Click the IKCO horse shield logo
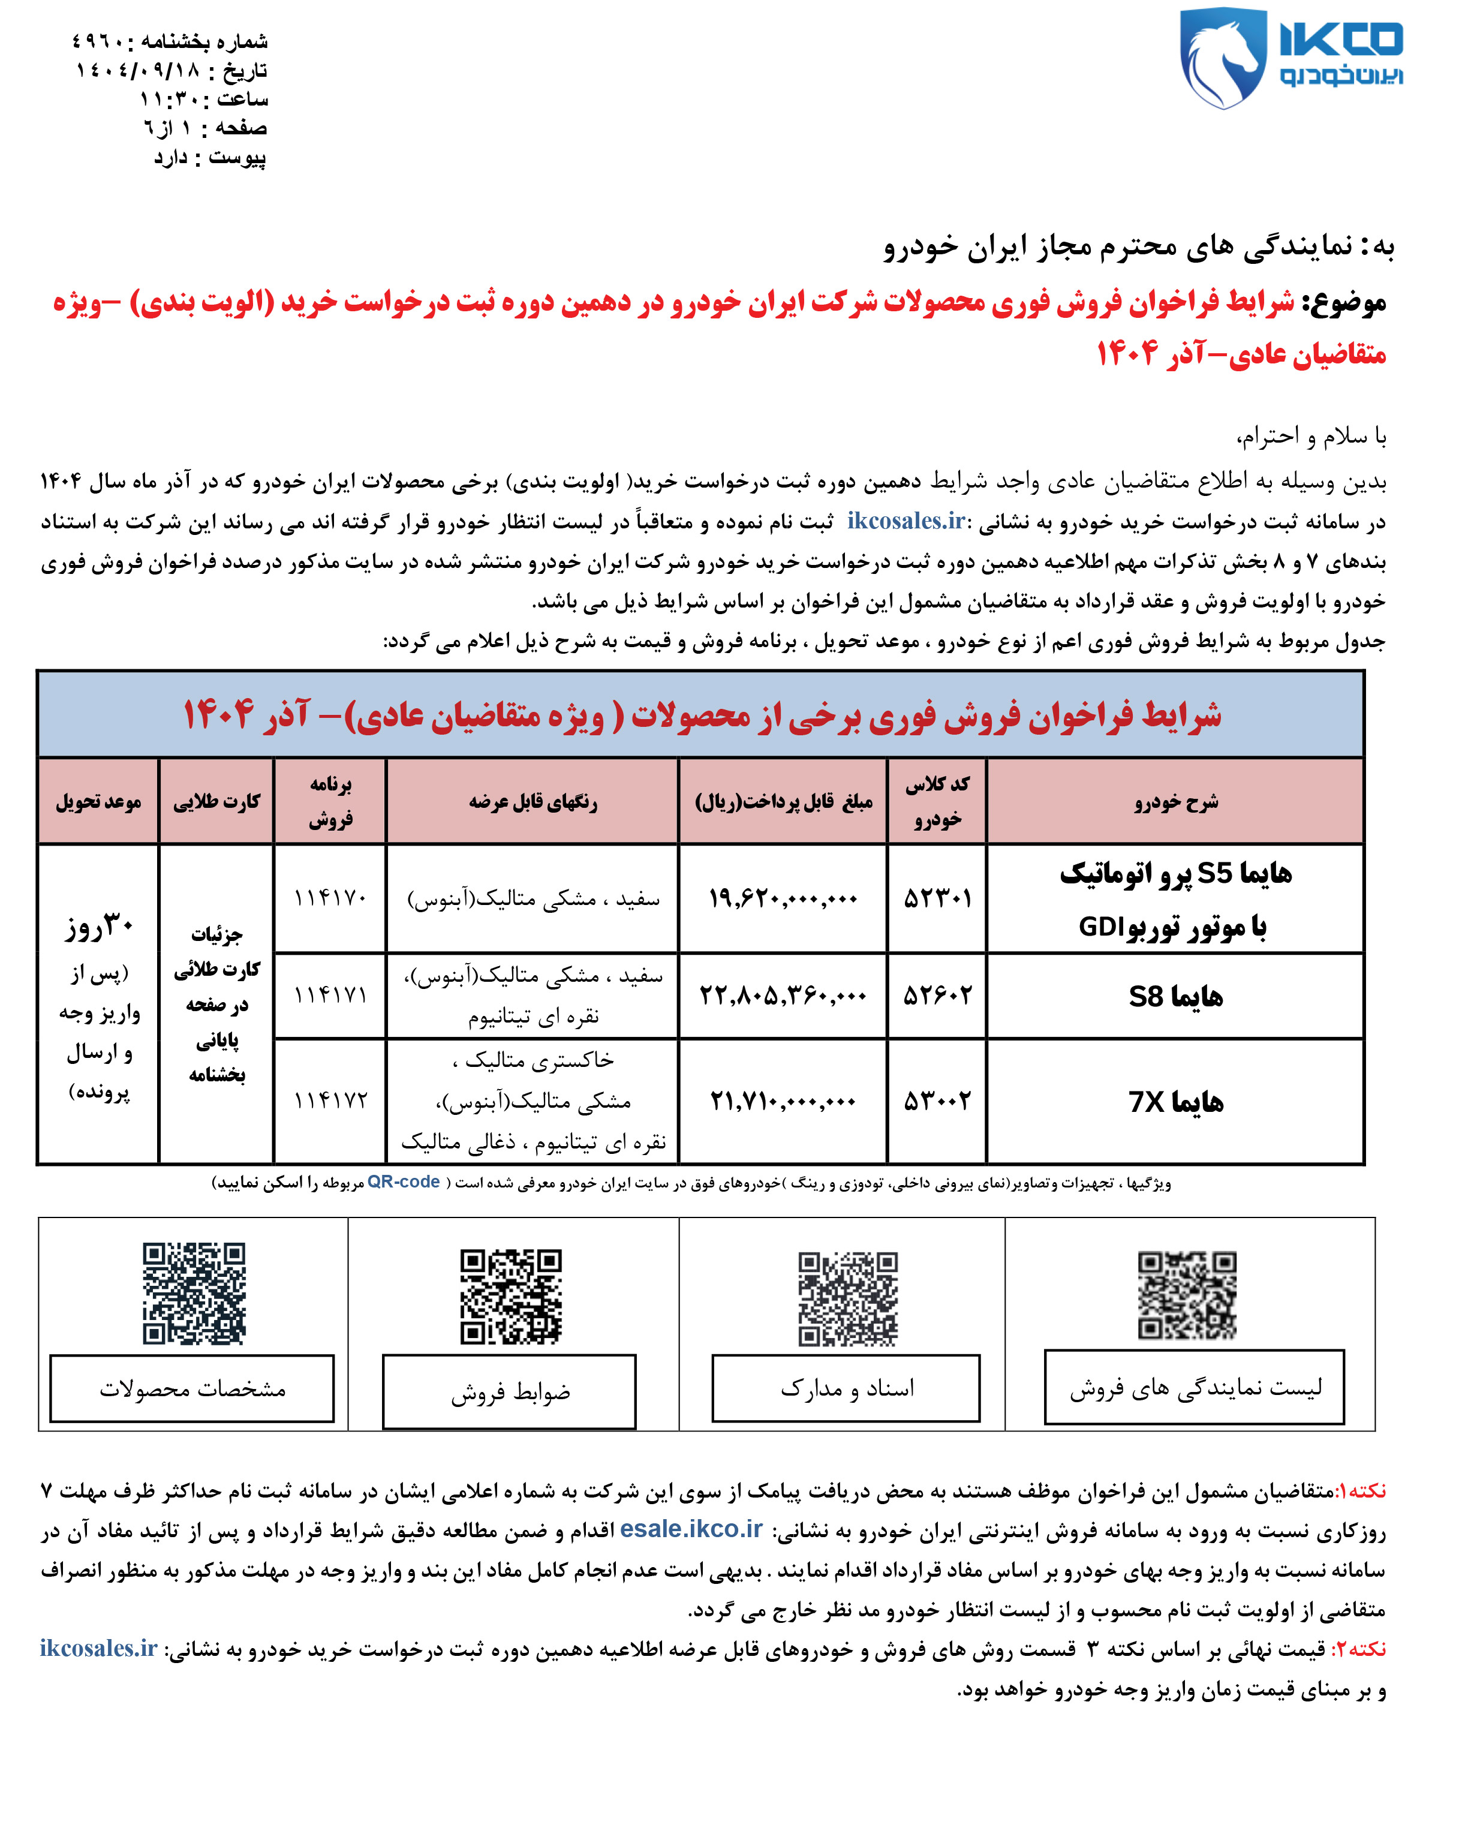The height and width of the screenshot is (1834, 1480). click(x=1222, y=58)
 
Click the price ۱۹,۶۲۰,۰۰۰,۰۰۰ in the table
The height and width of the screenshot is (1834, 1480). click(x=782, y=898)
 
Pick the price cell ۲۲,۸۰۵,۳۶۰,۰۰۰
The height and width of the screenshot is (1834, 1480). click(x=782, y=995)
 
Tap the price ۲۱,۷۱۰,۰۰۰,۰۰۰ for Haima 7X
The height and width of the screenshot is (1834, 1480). click(x=782, y=1101)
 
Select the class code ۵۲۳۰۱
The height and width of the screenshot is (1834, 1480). click(x=937, y=898)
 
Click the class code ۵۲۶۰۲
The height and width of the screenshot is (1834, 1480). click(x=937, y=995)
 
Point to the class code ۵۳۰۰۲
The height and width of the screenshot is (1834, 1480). click(x=937, y=1101)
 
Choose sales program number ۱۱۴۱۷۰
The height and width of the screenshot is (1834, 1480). click(x=330, y=898)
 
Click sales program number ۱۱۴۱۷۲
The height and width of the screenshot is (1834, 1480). click(x=330, y=1101)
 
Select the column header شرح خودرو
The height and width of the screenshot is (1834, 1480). click(x=1175, y=801)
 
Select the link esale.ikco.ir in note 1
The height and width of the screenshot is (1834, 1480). click(x=691, y=1529)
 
